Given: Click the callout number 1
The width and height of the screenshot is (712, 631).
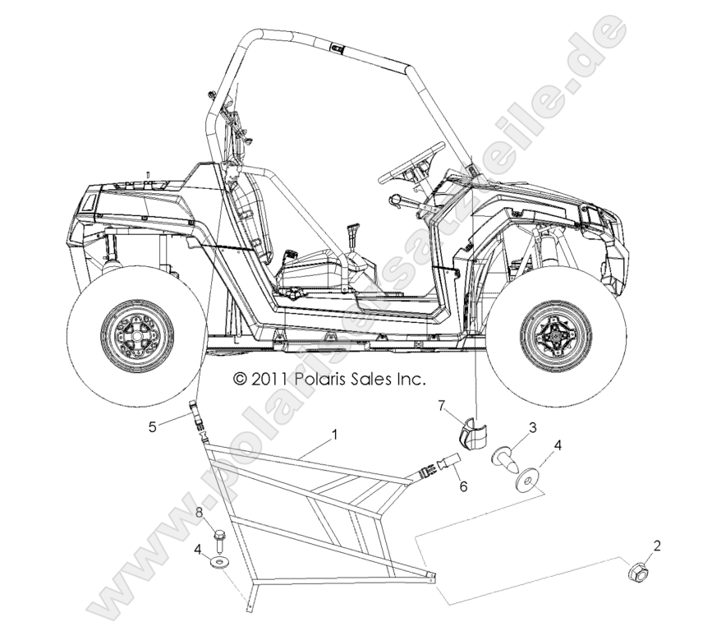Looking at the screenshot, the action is [x=335, y=435].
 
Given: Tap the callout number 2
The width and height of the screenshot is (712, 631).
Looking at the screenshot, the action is [x=656, y=546].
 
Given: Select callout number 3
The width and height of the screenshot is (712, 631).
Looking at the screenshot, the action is [x=532, y=427].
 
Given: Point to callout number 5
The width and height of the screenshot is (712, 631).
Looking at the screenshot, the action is [x=153, y=427].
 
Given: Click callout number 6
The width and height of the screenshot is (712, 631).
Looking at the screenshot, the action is [x=464, y=486].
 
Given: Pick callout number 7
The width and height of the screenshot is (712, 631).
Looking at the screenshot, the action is [x=441, y=405].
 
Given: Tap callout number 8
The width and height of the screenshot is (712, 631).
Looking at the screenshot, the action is [x=199, y=512].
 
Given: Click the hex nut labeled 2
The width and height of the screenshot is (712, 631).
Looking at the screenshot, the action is [x=637, y=573].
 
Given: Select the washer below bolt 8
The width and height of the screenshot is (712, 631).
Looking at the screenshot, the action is [x=220, y=564].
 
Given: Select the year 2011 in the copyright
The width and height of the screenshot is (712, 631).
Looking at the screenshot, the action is [x=268, y=379].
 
